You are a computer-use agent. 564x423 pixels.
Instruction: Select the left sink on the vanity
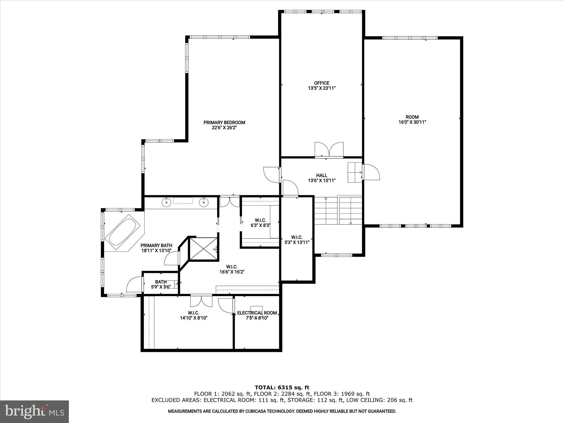tap(166, 202)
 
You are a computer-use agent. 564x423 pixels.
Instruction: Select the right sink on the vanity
tap(204, 202)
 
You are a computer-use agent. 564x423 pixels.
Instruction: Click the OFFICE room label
tap(322, 83)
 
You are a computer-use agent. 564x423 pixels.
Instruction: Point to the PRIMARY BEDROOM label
tap(224, 123)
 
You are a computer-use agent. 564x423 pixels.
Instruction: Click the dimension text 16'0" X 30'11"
tap(412, 122)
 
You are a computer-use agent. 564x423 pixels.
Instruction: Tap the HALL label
tap(322, 175)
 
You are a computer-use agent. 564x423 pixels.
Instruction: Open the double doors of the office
tap(329, 150)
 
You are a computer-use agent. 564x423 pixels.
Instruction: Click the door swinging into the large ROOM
tap(371, 172)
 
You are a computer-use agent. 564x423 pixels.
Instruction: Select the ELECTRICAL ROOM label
tap(257, 313)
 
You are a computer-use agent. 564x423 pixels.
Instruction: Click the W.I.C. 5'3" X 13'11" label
tap(297, 240)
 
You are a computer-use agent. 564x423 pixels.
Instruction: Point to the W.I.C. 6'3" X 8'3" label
tap(260, 223)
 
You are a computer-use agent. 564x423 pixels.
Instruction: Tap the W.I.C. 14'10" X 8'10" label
tap(193, 315)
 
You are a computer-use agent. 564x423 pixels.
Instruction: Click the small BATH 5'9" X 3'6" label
tap(161, 284)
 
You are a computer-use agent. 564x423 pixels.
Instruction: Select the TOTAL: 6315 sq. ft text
tap(282, 388)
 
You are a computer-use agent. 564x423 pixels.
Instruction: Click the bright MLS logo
tap(34, 411)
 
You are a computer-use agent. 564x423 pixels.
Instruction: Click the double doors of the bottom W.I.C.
tap(201, 301)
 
